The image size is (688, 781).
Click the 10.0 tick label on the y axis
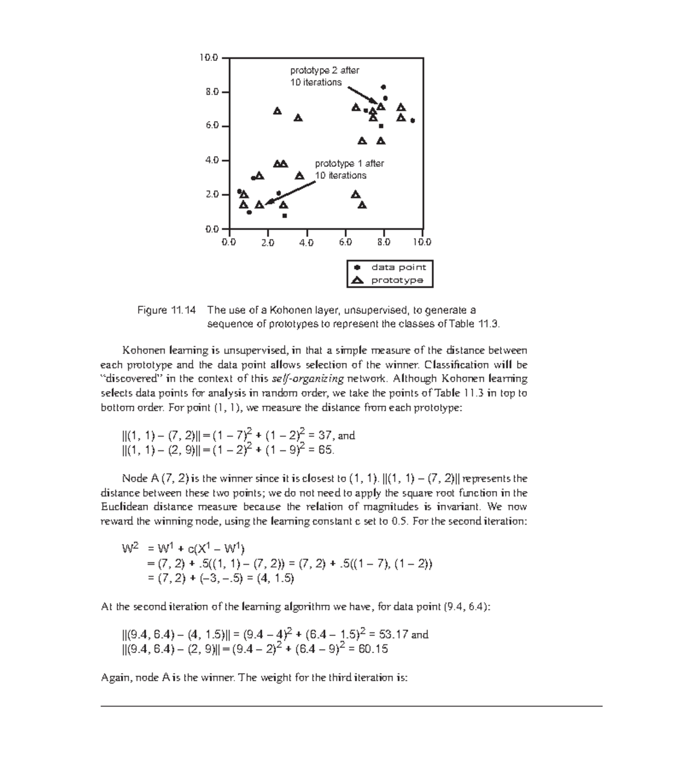point(209,57)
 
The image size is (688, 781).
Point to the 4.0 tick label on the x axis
point(306,242)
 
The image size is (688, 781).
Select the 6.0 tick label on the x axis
point(345,242)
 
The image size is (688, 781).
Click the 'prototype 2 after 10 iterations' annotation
point(324,76)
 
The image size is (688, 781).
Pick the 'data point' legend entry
point(398,267)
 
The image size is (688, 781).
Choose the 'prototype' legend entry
point(397,280)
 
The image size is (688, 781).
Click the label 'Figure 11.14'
point(166,310)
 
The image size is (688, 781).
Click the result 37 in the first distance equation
point(326,436)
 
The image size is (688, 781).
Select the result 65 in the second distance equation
point(325,450)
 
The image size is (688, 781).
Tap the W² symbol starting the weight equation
point(130,548)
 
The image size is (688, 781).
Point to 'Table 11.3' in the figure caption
point(474,324)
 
